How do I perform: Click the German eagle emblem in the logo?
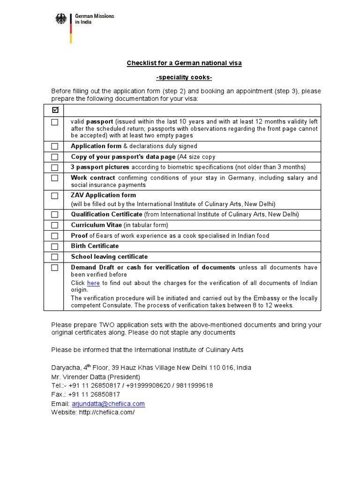(x=61, y=19)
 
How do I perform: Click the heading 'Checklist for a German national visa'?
(x=184, y=63)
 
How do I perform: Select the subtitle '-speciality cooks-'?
(x=184, y=77)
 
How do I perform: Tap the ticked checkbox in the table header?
(x=55, y=110)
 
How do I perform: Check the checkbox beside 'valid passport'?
(x=55, y=122)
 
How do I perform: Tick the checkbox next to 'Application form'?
(x=55, y=146)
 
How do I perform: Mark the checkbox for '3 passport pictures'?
(x=55, y=167)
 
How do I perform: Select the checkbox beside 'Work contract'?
(x=55, y=178)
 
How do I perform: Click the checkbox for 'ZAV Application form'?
(x=55, y=195)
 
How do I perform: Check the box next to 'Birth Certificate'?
(x=55, y=247)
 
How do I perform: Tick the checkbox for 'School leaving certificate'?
(x=55, y=257)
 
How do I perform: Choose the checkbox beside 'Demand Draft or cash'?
(x=55, y=268)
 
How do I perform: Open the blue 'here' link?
(x=93, y=283)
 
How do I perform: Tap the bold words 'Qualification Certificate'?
(x=106, y=214)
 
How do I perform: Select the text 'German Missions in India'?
(x=94, y=19)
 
